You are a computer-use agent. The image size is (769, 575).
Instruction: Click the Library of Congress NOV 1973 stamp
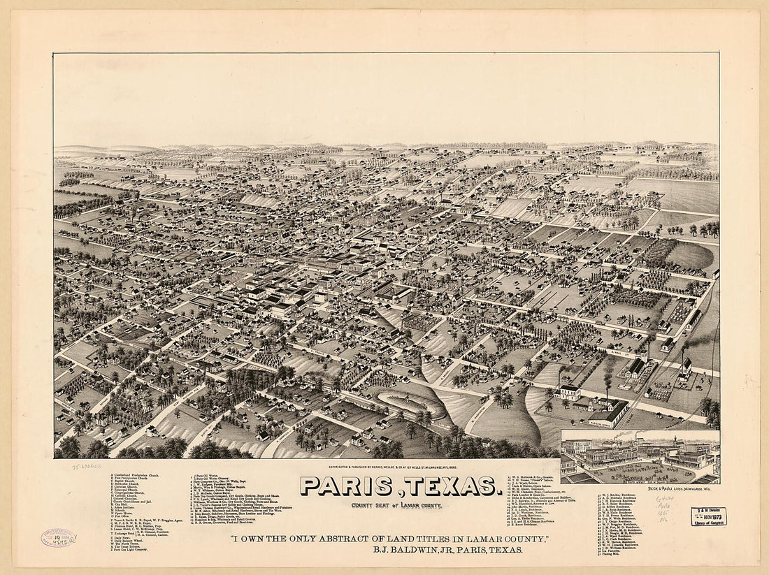point(709,516)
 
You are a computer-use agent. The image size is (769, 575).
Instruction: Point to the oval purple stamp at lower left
point(58,537)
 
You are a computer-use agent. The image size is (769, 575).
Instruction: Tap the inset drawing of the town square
point(640,457)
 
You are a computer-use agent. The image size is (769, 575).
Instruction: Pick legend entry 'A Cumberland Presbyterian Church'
point(143,476)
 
